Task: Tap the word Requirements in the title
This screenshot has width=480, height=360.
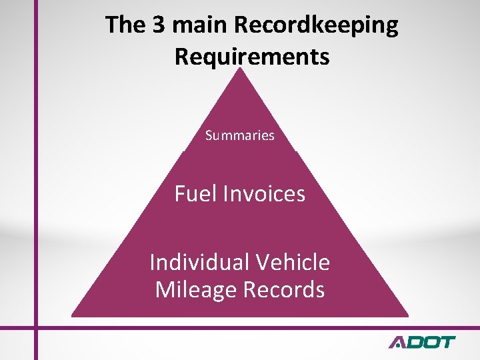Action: (x=252, y=57)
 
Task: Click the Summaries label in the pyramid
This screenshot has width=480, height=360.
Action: (x=240, y=136)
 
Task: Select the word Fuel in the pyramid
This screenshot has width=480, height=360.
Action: (x=195, y=194)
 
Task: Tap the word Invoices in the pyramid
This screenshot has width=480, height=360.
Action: (x=265, y=194)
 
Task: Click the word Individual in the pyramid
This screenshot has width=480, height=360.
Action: (x=194, y=262)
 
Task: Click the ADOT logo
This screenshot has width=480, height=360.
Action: (x=422, y=343)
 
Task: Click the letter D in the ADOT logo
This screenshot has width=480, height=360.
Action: (x=413, y=343)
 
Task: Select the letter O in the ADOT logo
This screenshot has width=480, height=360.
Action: (x=430, y=343)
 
